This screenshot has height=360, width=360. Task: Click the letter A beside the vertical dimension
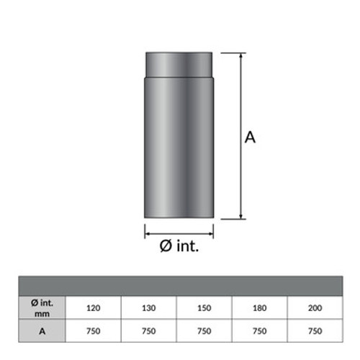tap(251, 137)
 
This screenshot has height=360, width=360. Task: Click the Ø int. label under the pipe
tap(179, 246)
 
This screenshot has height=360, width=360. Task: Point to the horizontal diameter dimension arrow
tap(179, 231)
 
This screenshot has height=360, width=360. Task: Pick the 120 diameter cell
tap(93, 308)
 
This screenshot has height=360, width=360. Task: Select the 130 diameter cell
tap(148, 308)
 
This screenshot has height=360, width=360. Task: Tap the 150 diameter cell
tap(204, 308)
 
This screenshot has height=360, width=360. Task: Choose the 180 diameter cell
tap(259, 308)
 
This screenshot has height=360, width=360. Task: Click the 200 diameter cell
tap(315, 308)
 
